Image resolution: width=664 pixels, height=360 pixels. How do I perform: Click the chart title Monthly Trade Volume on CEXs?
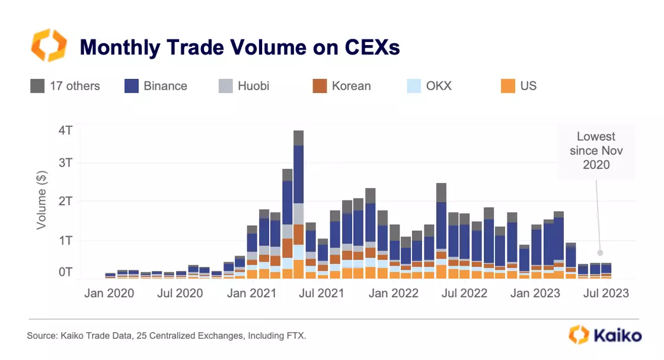click(240, 47)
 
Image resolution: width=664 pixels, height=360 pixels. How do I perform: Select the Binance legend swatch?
click(132, 86)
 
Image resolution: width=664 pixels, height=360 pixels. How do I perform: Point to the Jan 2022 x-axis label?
click(393, 293)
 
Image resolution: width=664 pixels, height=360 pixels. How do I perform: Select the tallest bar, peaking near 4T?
click(299, 202)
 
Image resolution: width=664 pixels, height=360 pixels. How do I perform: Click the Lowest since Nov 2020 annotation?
click(596, 151)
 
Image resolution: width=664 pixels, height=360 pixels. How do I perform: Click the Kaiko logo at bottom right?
click(605, 335)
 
